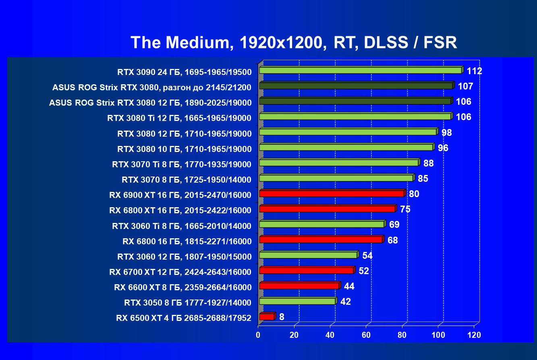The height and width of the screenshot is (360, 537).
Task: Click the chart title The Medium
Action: click(294, 42)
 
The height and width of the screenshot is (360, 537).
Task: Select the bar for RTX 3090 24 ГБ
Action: click(360, 71)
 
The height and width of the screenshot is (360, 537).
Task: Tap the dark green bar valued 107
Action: click(356, 86)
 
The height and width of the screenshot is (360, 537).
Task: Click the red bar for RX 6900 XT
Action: click(331, 194)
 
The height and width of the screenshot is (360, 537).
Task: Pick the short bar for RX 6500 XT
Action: click(266, 317)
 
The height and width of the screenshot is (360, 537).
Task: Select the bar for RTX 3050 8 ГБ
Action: click(297, 301)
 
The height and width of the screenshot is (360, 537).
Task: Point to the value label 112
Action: click(474, 71)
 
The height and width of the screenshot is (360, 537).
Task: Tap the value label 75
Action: click(405, 209)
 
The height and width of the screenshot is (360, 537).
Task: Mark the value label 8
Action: click(282, 317)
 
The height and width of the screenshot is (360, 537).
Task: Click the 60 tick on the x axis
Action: click(366, 335)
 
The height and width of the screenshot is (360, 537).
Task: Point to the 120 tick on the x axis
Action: click(474, 335)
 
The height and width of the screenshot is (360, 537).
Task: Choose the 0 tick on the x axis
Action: click(258, 335)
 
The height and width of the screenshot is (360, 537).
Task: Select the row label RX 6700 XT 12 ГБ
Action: click(180, 272)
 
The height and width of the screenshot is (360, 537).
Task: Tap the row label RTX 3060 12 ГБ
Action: click(184, 257)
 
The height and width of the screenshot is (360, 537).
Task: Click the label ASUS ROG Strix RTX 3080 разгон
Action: click(151, 87)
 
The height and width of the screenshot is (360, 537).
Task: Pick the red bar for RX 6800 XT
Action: click(327, 209)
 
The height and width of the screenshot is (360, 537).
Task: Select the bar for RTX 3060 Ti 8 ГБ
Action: click(321, 224)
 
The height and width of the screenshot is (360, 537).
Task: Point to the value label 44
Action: click(349, 286)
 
